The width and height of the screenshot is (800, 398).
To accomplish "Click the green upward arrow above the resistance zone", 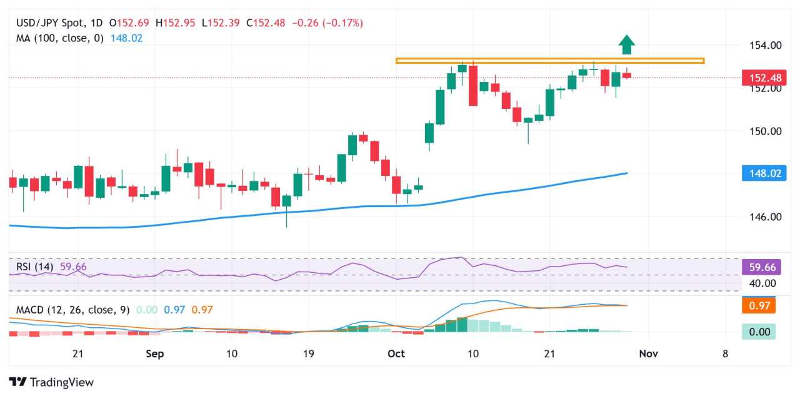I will click(x=627, y=44).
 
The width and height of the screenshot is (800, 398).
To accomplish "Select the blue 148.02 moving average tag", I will click(x=762, y=173).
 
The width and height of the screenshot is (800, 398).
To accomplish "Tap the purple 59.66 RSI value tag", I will click(x=759, y=267).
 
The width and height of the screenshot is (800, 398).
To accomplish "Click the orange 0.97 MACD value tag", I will click(x=759, y=306).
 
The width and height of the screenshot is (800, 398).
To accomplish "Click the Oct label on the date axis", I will click(x=396, y=354).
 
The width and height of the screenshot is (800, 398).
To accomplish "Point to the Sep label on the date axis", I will click(x=154, y=354).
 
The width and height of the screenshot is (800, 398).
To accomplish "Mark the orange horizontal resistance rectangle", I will click(x=550, y=61).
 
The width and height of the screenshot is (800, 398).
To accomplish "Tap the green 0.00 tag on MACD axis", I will click(x=759, y=332).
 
